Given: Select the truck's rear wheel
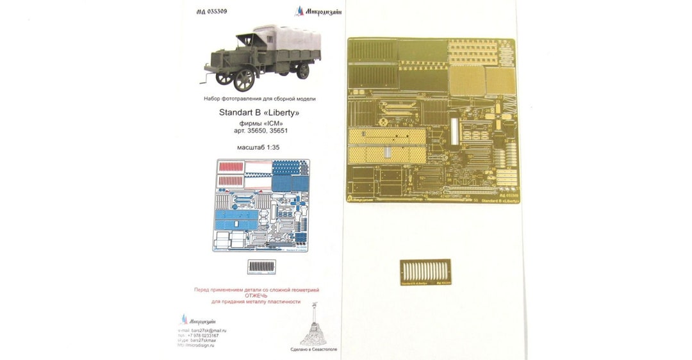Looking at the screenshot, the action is tap(301, 72).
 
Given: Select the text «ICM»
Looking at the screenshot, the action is tap(268, 123).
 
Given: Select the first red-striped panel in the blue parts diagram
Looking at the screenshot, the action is tap(229, 168).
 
